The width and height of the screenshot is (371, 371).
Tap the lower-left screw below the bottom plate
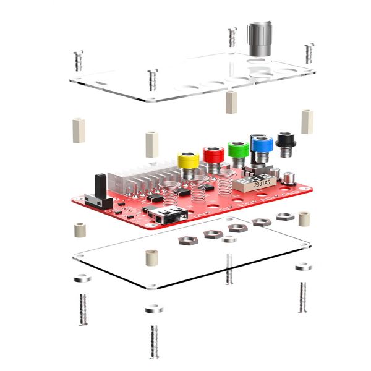click(82, 309)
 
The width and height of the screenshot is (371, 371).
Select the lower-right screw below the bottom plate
click(302, 297)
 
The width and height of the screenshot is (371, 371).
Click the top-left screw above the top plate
click(78, 61)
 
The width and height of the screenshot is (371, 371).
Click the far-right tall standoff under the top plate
click(307, 121)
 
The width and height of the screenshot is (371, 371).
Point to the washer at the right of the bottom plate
click(303, 267)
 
